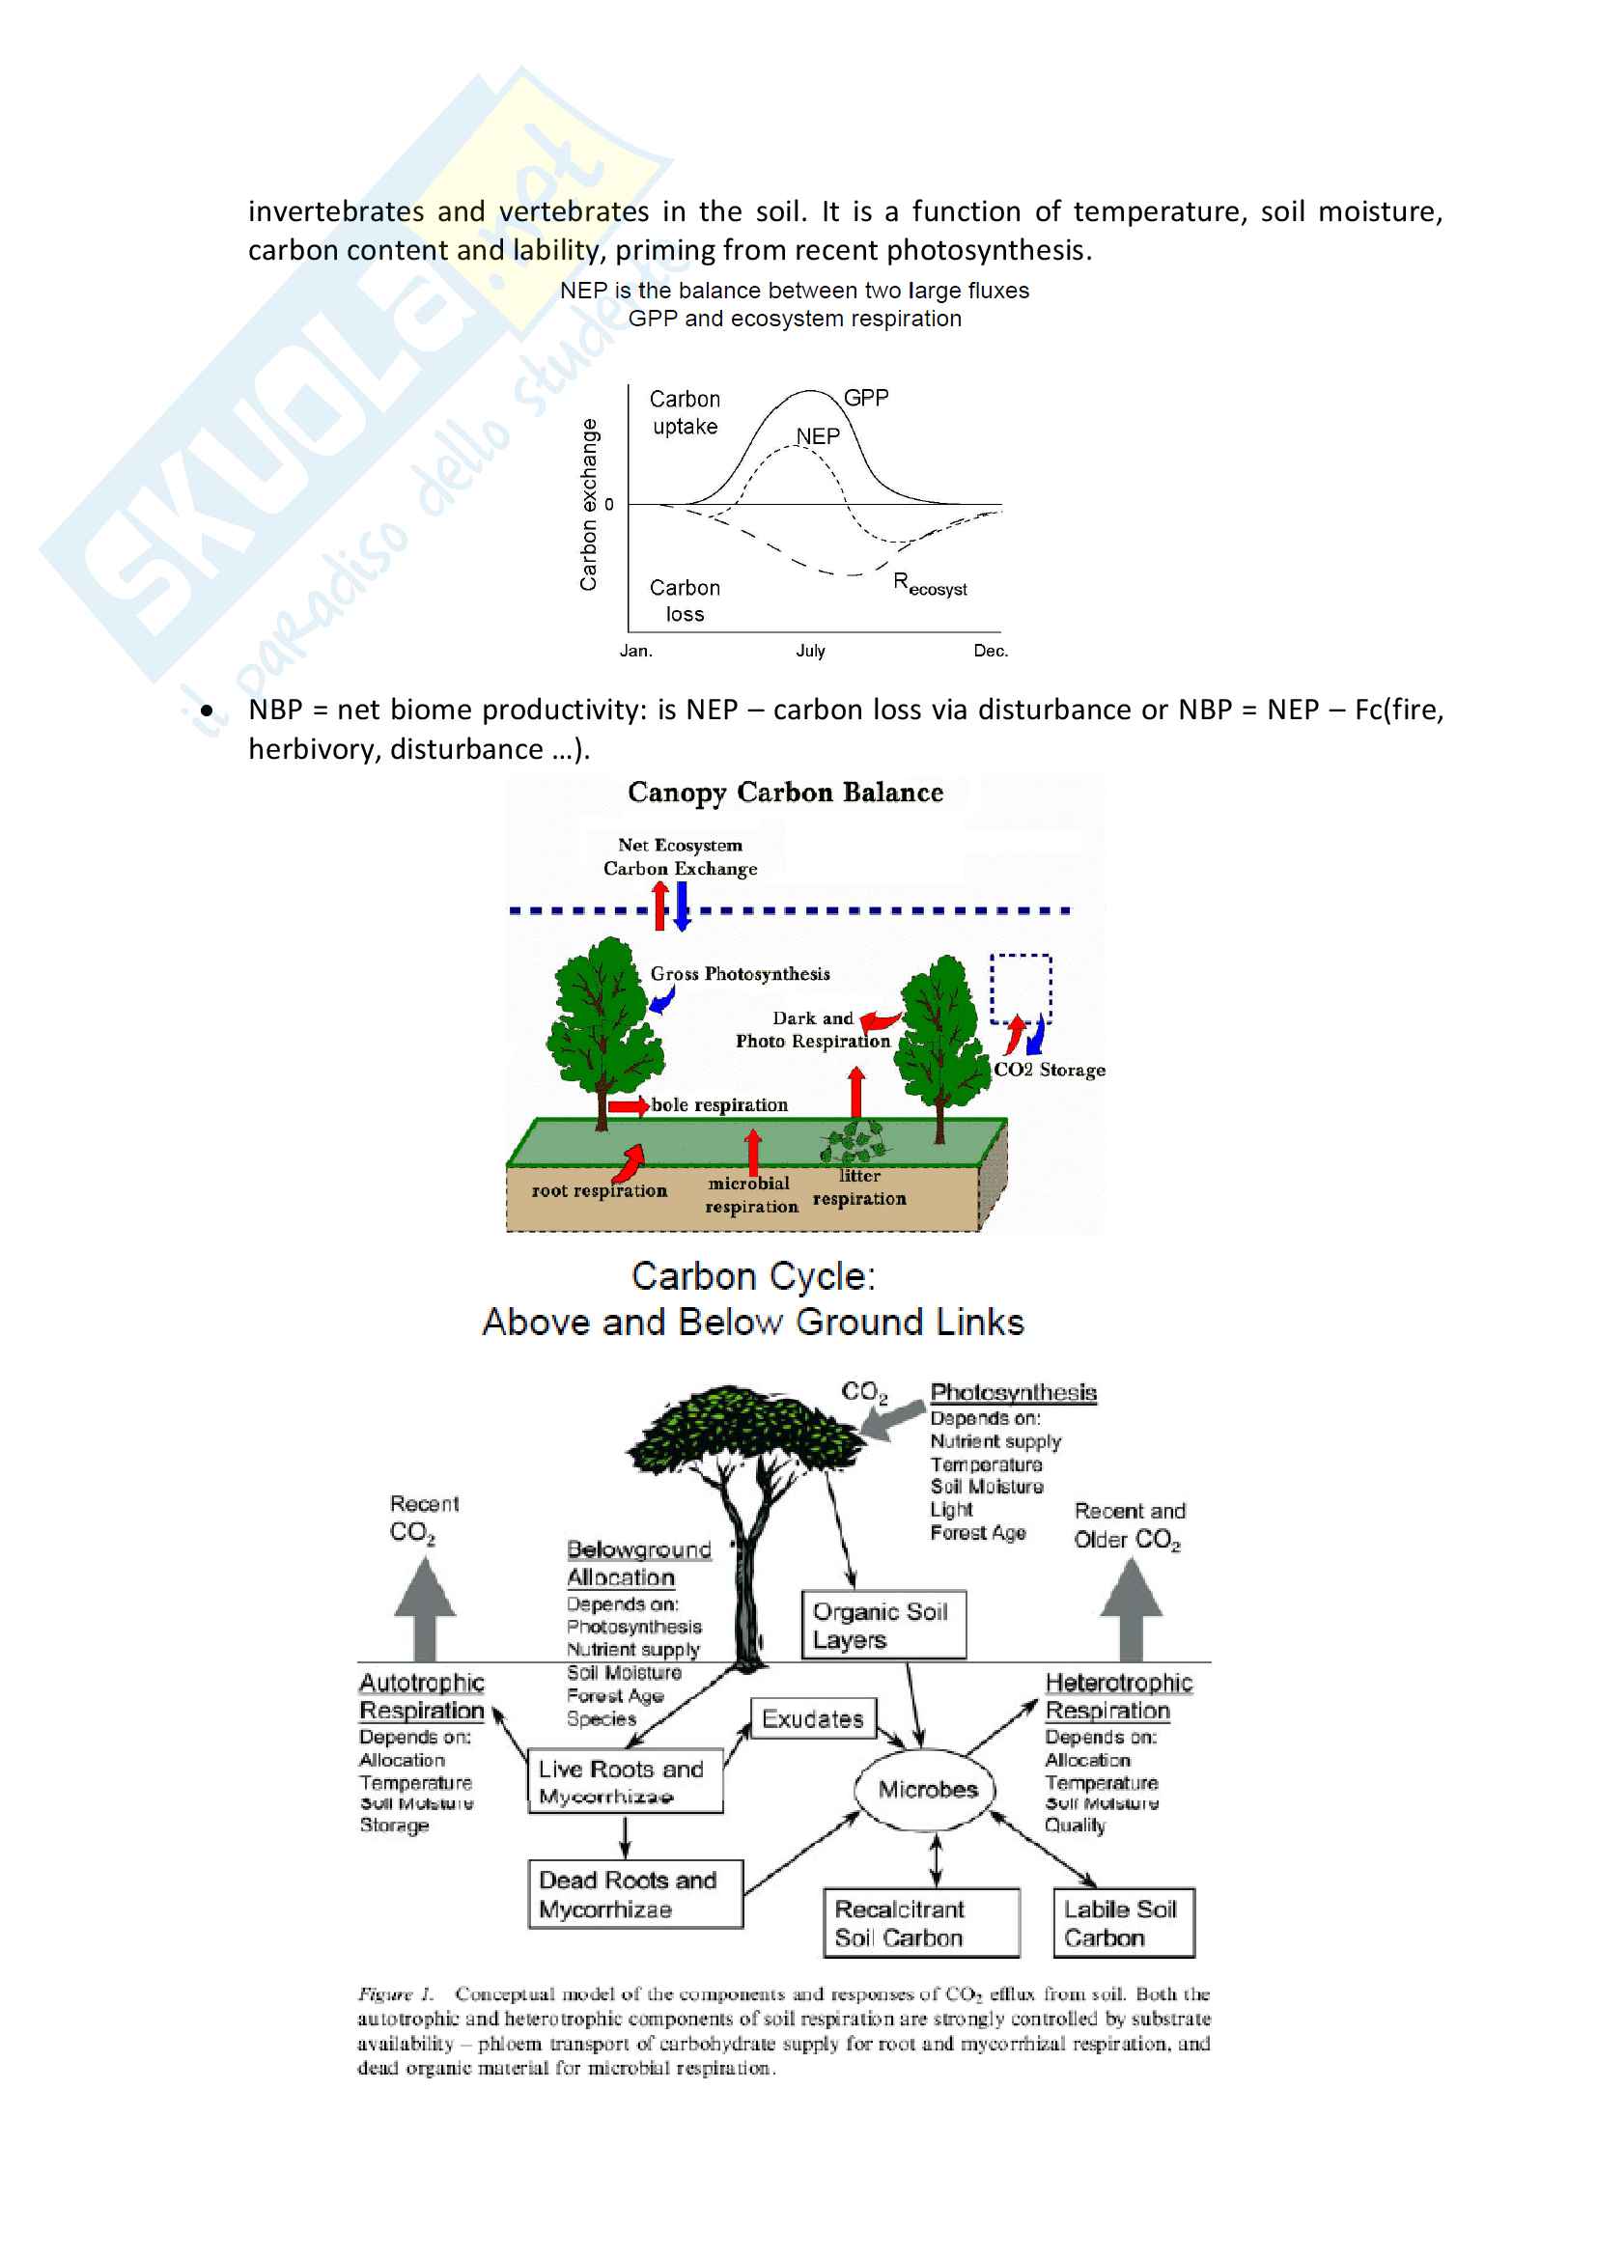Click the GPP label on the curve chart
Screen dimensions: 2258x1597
[x=865, y=398]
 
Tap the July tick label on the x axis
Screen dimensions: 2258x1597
[x=810, y=651]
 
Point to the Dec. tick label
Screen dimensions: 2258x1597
[x=991, y=651]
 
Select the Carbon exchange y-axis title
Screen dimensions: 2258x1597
[x=588, y=505]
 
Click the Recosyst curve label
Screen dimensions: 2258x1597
[x=929, y=584]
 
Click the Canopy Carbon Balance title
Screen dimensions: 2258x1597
[x=785, y=793]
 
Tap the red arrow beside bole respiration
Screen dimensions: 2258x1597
[x=628, y=1106]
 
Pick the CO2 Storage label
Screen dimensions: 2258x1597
[x=1050, y=1070]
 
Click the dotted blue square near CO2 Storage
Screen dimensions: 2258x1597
[x=1020, y=988]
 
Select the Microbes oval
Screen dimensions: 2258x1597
[x=927, y=1789]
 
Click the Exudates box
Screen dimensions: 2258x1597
[x=812, y=1719]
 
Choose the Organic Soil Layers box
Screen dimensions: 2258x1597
[x=883, y=1625]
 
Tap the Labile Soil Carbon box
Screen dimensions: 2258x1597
[x=1122, y=1923]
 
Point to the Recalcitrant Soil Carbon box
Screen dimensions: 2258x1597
[x=920, y=1923]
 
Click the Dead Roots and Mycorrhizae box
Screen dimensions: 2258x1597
[x=634, y=1894]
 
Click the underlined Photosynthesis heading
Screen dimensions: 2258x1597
[x=1013, y=1393]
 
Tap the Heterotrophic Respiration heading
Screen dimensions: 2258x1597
[x=1117, y=1696]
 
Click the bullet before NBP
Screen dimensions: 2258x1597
[x=207, y=711]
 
